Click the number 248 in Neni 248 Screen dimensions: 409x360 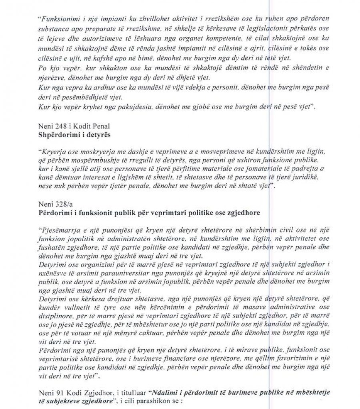coord(59,127)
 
